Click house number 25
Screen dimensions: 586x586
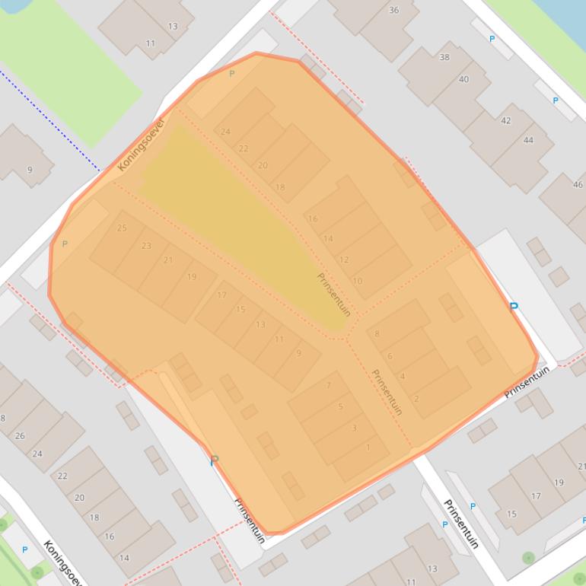[x=122, y=228]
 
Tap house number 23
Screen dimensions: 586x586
[x=146, y=245]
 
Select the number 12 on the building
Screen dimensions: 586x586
[x=344, y=260]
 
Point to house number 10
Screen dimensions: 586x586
[x=358, y=281]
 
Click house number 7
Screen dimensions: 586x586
[x=329, y=385]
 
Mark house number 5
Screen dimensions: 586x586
[x=340, y=406]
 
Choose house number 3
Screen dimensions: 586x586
[x=354, y=428]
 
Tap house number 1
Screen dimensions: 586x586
[x=368, y=447]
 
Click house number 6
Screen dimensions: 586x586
[x=390, y=355]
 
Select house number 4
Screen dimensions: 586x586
[x=403, y=376]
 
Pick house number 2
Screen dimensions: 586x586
[x=416, y=398]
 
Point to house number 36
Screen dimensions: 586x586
[x=393, y=10]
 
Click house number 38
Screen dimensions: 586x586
[x=444, y=57]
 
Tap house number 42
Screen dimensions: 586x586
[x=506, y=120]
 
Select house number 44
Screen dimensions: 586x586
[x=528, y=140]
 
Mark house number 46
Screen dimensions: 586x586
[x=577, y=184]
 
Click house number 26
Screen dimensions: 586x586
[x=19, y=435]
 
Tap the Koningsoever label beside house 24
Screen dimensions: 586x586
[x=142, y=145]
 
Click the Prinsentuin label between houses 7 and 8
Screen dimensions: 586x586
[x=387, y=391]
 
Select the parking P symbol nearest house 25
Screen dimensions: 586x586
[x=65, y=244]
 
